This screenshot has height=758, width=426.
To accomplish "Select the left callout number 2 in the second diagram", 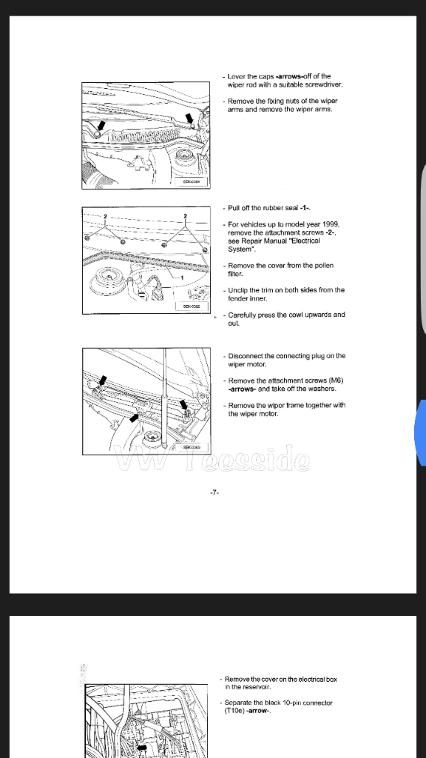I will click(x=106, y=215).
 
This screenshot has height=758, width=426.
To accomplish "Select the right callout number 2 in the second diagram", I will click(x=185, y=215).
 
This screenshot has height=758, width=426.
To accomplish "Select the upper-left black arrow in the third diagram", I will click(x=103, y=380).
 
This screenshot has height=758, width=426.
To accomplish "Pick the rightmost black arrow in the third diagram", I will click(x=185, y=403).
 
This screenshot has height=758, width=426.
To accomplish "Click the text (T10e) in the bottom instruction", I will click(x=236, y=711).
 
